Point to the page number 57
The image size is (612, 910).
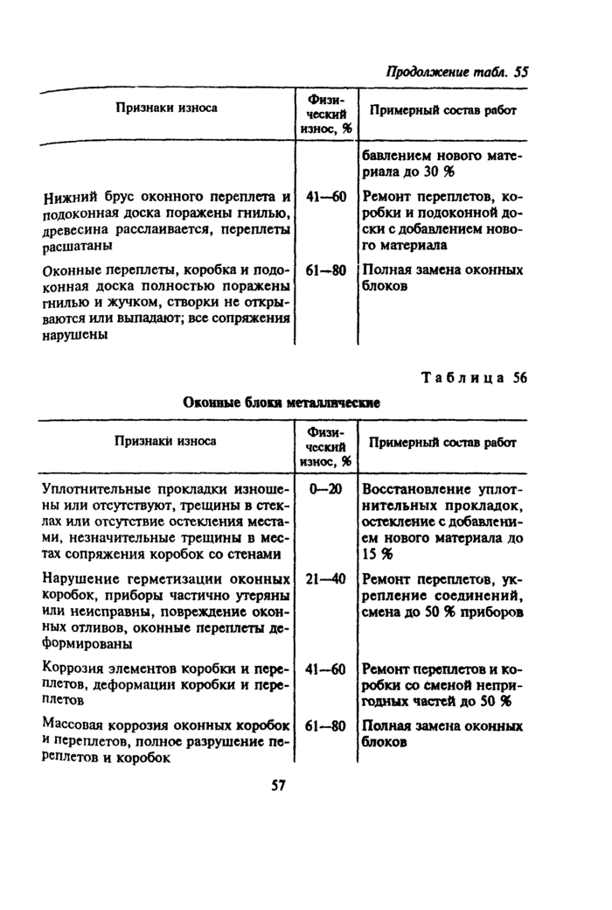[x=279, y=785]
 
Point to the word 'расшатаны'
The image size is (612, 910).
[x=75, y=247]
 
